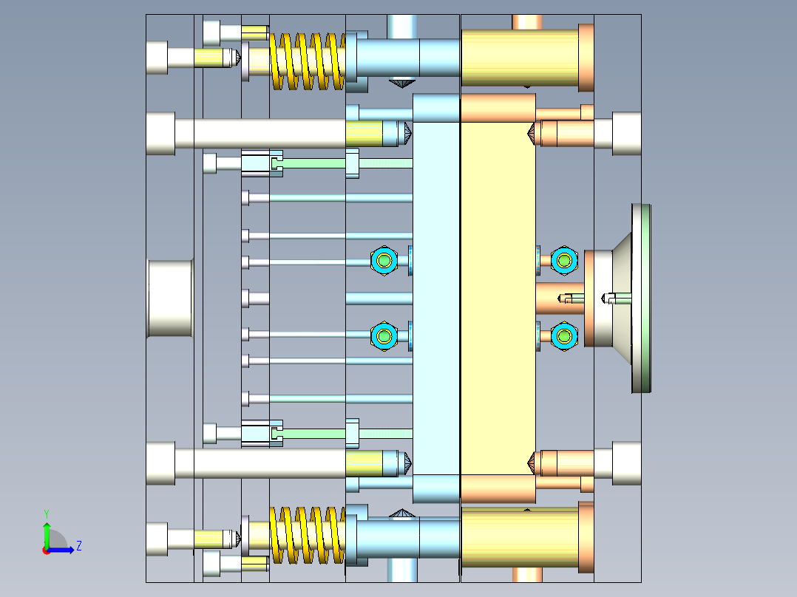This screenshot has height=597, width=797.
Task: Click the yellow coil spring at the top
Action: pyautogui.click(x=307, y=61)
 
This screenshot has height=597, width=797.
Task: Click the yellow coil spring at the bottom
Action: pyautogui.click(x=307, y=536)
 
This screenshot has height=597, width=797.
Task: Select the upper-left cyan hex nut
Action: pyautogui.click(x=384, y=260)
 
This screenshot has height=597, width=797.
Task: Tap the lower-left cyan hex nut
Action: pyautogui.click(x=384, y=336)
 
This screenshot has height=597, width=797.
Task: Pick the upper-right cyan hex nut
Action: pyautogui.click(x=565, y=260)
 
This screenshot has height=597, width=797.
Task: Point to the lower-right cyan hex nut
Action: pyautogui.click(x=565, y=336)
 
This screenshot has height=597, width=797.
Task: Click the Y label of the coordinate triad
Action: pyautogui.click(x=46, y=513)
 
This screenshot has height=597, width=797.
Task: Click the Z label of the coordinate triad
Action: pyautogui.click(x=78, y=547)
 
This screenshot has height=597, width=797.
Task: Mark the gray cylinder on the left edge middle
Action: pyautogui.click(x=170, y=298)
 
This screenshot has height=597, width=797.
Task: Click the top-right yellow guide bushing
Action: pyautogui.click(x=519, y=58)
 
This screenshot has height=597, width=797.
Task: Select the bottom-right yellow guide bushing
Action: pyautogui.click(x=519, y=537)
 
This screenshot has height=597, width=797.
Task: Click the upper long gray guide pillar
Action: pyautogui.click(x=259, y=134)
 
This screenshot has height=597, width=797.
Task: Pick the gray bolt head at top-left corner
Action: pyautogui.click(x=157, y=58)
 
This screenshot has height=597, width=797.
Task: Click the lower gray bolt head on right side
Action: pyautogui.click(x=626, y=463)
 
